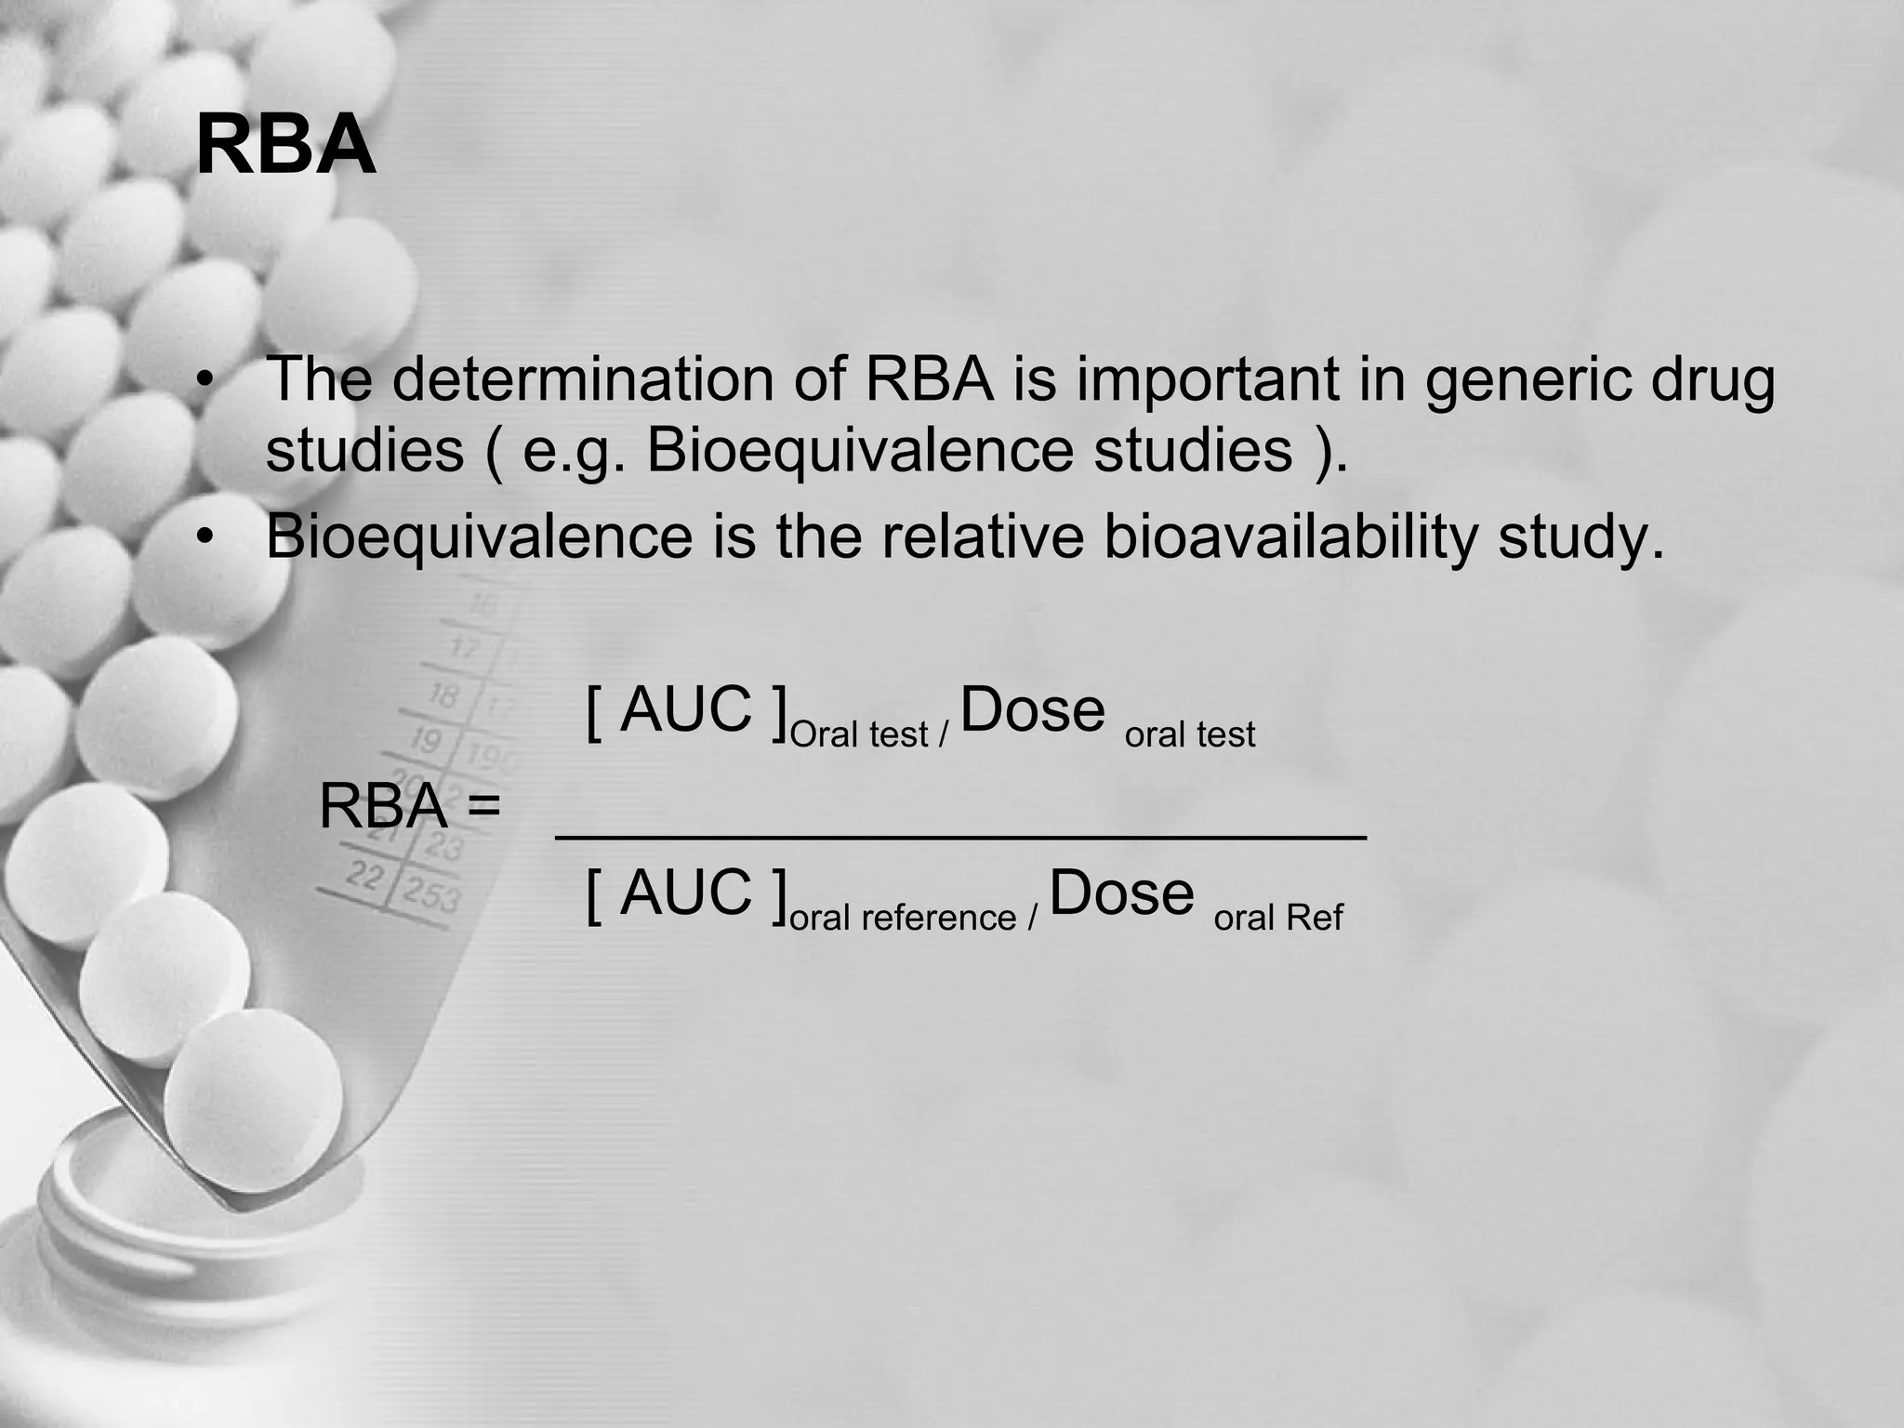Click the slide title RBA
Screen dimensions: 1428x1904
coord(285,147)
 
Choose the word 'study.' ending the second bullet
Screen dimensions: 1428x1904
coord(1581,536)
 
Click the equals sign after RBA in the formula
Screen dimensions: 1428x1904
coord(483,805)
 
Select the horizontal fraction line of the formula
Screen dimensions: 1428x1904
coord(960,837)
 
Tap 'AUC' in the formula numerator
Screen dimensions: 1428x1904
coord(685,710)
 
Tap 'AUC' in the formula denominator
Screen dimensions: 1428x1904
coord(685,892)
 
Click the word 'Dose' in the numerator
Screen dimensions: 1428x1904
coord(1032,710)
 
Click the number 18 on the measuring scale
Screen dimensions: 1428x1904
coord(443,694)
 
